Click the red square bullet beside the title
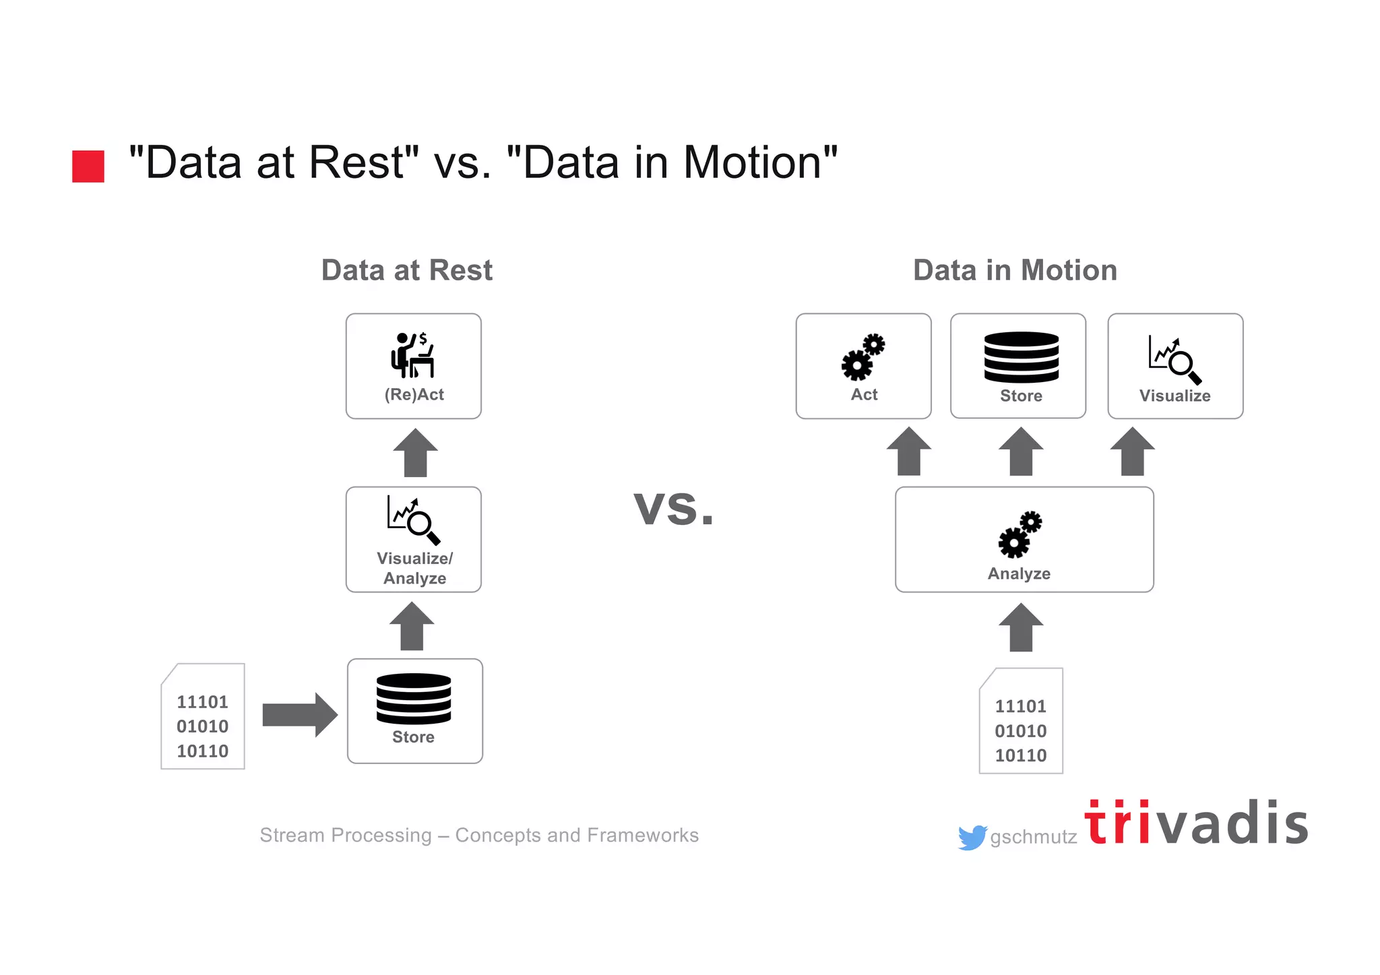88,166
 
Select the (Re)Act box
413,366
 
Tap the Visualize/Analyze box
413,539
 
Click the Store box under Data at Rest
414,711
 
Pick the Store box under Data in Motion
1017,366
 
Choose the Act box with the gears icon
863,366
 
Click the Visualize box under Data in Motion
1174,366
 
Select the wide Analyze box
1024,539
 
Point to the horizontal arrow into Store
299,714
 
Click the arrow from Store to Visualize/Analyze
412,627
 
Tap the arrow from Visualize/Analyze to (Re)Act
415,453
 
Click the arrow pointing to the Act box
909,451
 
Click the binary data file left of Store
203,717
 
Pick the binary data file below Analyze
1021,722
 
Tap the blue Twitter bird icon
972,838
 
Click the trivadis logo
1195,823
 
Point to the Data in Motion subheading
1015,270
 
